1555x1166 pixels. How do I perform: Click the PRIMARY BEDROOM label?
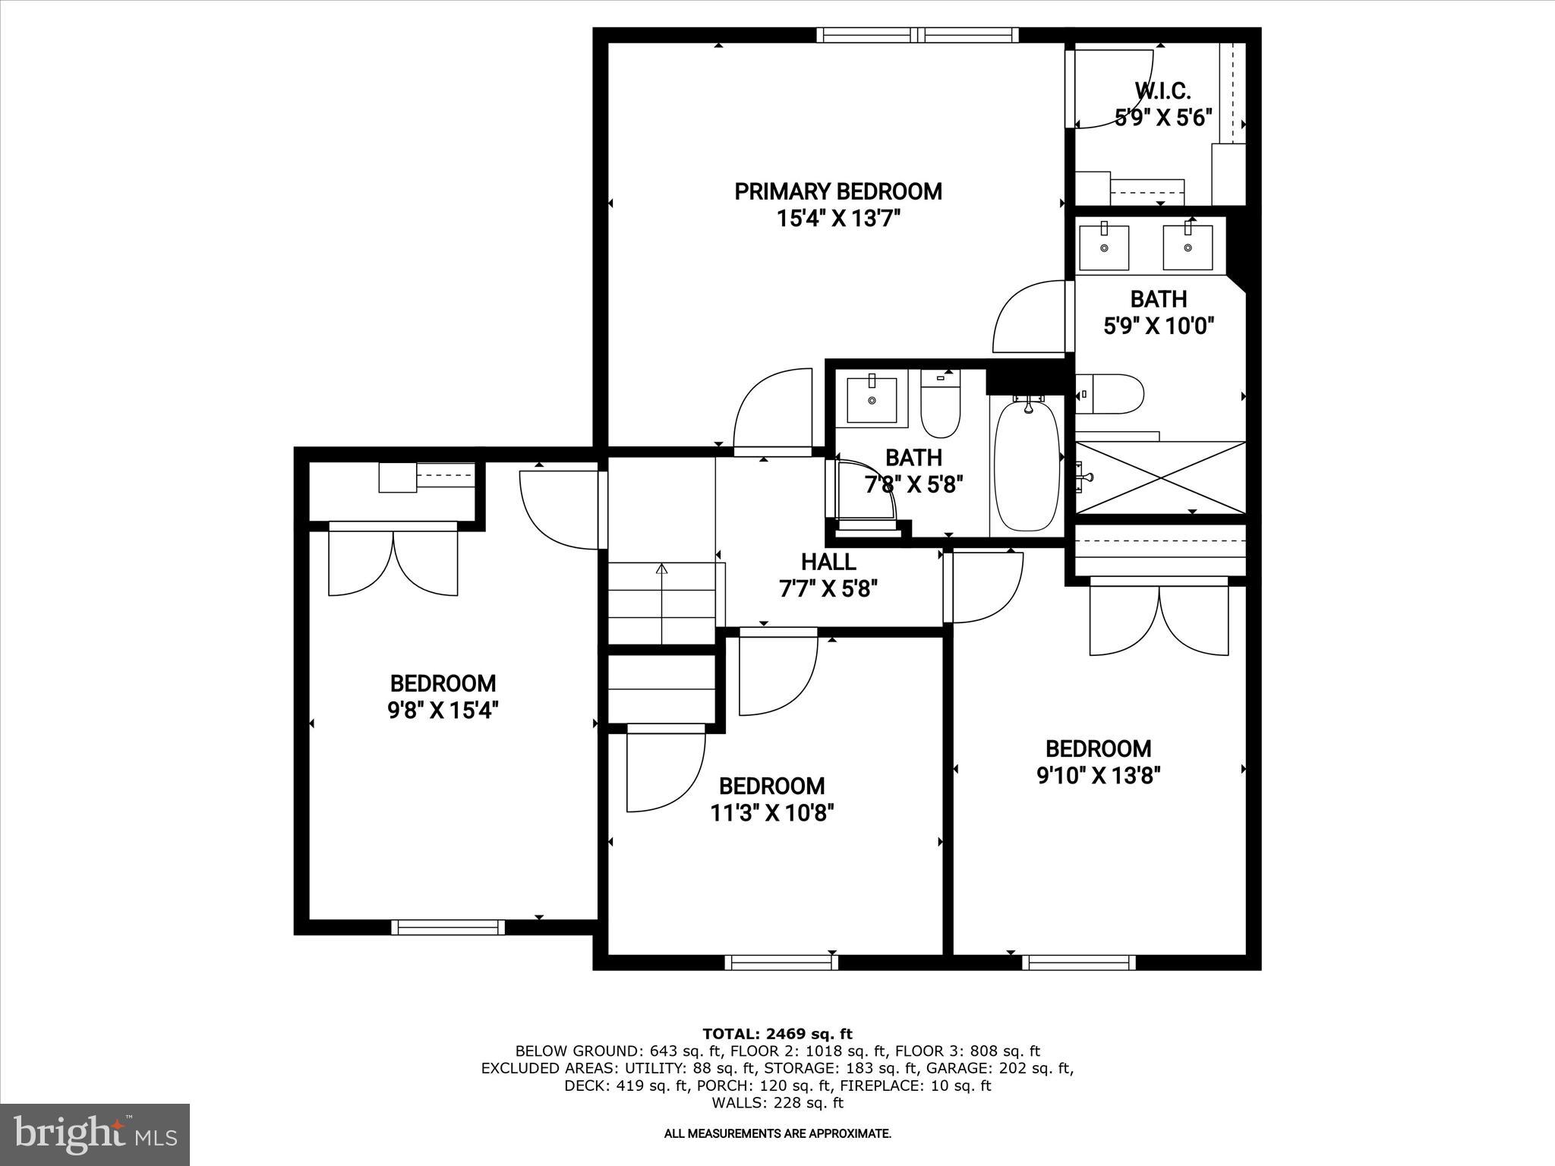837,191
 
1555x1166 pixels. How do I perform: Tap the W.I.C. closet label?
1162,91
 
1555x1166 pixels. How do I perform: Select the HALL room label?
828,562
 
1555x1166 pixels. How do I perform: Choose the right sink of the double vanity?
1188,246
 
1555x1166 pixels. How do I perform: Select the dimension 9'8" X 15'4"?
443,711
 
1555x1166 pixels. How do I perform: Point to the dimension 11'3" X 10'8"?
772,813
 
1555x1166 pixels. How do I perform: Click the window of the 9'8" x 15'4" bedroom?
448,927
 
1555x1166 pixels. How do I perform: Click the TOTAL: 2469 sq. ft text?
777,1034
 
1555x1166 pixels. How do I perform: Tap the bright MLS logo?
95,1135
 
